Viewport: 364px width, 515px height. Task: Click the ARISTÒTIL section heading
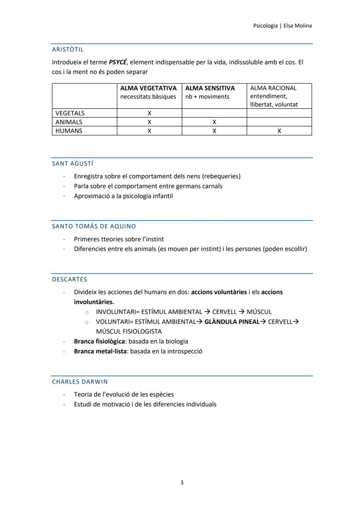[68, 50]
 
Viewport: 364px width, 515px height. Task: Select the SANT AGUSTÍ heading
[73, 164]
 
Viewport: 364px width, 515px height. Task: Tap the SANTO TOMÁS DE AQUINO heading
[94, 226]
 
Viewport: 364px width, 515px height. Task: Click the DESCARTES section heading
[69, 279]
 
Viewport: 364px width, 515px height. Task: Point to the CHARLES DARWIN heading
[80, 382]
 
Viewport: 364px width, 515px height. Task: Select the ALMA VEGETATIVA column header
[148, 88]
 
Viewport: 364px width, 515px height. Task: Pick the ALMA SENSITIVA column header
[210, 88]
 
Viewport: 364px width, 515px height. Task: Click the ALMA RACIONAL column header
[273, 88]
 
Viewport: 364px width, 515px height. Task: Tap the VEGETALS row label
[70, 113]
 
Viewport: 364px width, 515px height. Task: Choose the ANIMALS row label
[69, 122]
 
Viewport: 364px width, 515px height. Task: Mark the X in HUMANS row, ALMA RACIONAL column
[279, 131]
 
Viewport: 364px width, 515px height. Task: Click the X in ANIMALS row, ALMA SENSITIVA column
[214, 122]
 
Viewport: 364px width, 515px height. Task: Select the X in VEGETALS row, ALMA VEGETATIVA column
[149, 113]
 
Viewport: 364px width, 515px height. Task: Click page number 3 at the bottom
[182, 482]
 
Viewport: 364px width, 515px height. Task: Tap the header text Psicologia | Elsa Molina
[282, 26]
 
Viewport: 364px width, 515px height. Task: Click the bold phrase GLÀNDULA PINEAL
[232, 321]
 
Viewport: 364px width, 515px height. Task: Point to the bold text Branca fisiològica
[99, 341]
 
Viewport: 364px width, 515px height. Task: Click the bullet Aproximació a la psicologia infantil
[123, 196]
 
